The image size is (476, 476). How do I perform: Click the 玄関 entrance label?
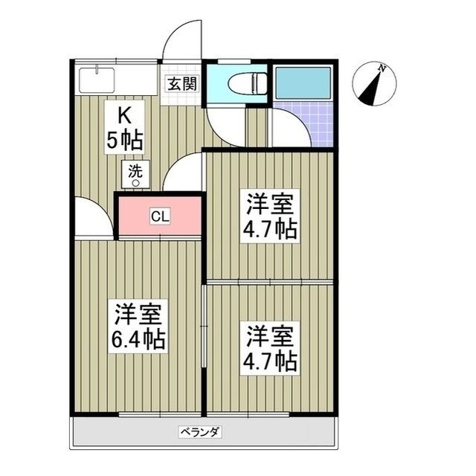point(181,83)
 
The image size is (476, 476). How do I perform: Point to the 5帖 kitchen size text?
point(124,139)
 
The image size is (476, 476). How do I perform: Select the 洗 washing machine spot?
point(135,173)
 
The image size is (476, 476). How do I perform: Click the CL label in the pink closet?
point(160,216)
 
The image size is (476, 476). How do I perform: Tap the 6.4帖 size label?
point(139,341)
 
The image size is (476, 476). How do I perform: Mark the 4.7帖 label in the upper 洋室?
point(268,228)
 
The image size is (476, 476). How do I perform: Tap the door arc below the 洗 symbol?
point(182,172)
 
